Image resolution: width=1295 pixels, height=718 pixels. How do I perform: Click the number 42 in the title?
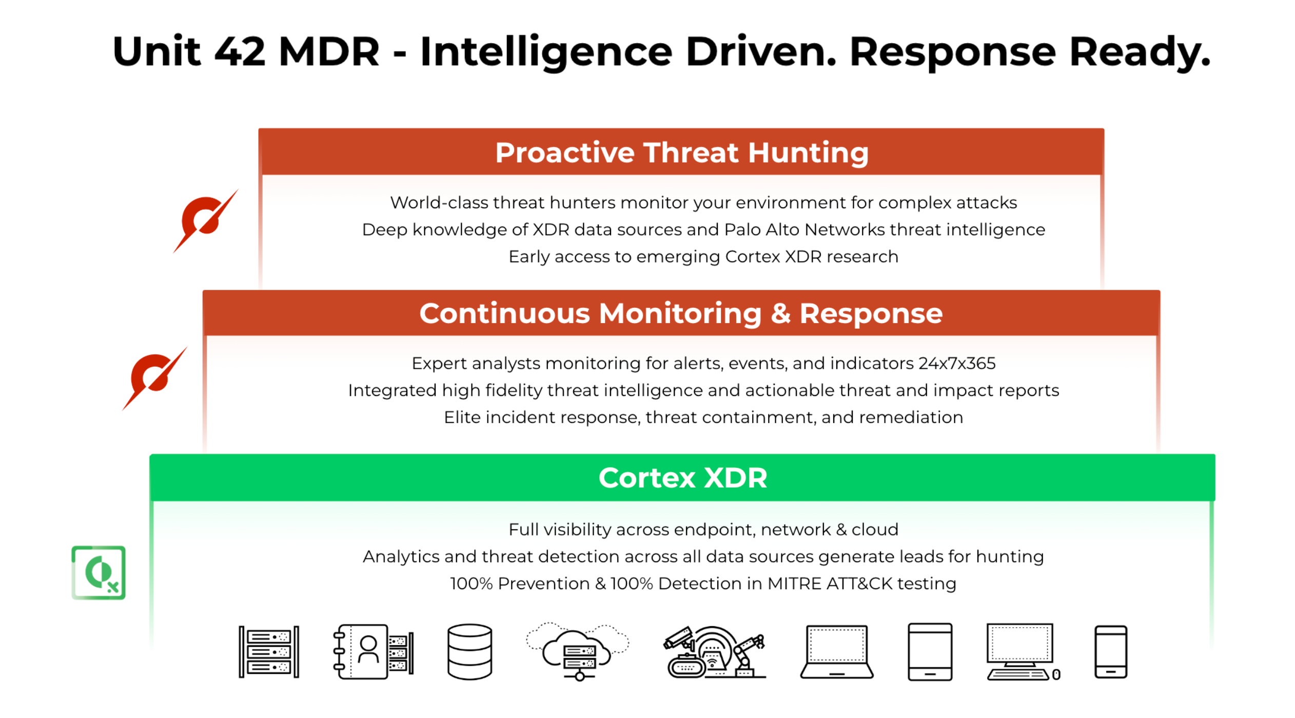(240, 52)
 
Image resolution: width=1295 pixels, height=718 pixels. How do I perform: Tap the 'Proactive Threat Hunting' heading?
(681, 153)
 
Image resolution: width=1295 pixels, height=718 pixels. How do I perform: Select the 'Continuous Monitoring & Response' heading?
(680, 313)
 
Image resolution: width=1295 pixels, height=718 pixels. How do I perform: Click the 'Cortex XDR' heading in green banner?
(682, 478)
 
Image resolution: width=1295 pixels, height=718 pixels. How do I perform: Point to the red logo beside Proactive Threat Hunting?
(205, 221)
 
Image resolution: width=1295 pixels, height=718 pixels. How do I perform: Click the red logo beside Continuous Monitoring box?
(154, 378)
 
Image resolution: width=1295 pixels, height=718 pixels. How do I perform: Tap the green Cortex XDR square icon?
(99, 572)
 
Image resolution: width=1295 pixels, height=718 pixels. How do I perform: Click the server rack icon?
(269, 652)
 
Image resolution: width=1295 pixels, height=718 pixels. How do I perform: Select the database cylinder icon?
(469, 652)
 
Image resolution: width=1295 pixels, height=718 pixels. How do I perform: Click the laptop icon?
(836, 652)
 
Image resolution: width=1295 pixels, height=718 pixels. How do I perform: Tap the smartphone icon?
(1110, 652)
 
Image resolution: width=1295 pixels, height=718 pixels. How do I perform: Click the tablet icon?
(930, 652)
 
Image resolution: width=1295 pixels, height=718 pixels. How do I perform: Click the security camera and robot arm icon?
(714, 652)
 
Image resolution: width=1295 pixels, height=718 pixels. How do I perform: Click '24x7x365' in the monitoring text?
(957, 364)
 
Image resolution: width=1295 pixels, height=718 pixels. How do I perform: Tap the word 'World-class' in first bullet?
(439, 203)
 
